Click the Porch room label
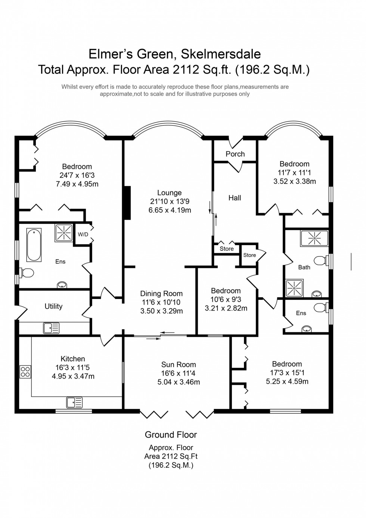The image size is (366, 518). [235, 154]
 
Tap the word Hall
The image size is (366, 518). [235, 198]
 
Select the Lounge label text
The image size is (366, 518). [169, 193]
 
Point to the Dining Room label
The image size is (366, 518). [161, 294]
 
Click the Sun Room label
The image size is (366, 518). [179, 364]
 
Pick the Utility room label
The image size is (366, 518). [53, 306]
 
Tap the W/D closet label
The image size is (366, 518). [83, 234]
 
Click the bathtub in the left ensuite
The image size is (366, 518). [34, 245]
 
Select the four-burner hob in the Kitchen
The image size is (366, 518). [25, 371]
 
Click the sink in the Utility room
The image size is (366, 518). [51, 328]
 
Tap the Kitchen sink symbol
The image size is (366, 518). [74, 403]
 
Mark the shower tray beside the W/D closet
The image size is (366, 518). [64, 232]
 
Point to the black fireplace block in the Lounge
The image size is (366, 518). [127, 202]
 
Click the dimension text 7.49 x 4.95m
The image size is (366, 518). [77, 184]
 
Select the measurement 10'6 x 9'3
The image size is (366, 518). [226, 299]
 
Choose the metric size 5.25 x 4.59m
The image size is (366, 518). [287, 382]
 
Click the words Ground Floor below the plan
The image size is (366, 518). [171, 435]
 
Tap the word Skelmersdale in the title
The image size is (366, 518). [221, 54]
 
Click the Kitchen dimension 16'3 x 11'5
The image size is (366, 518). [73, 367]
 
